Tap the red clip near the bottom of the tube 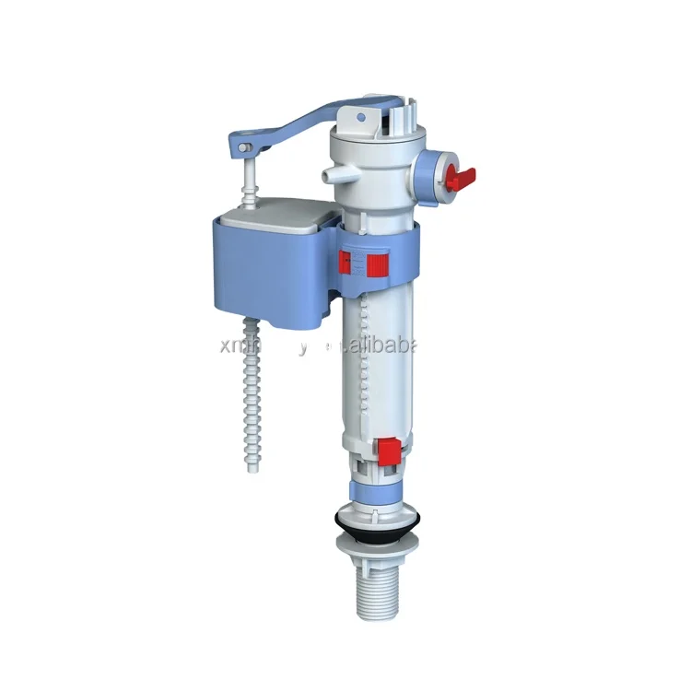(x=389, y=451)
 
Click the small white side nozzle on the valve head (x=329, y=173)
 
